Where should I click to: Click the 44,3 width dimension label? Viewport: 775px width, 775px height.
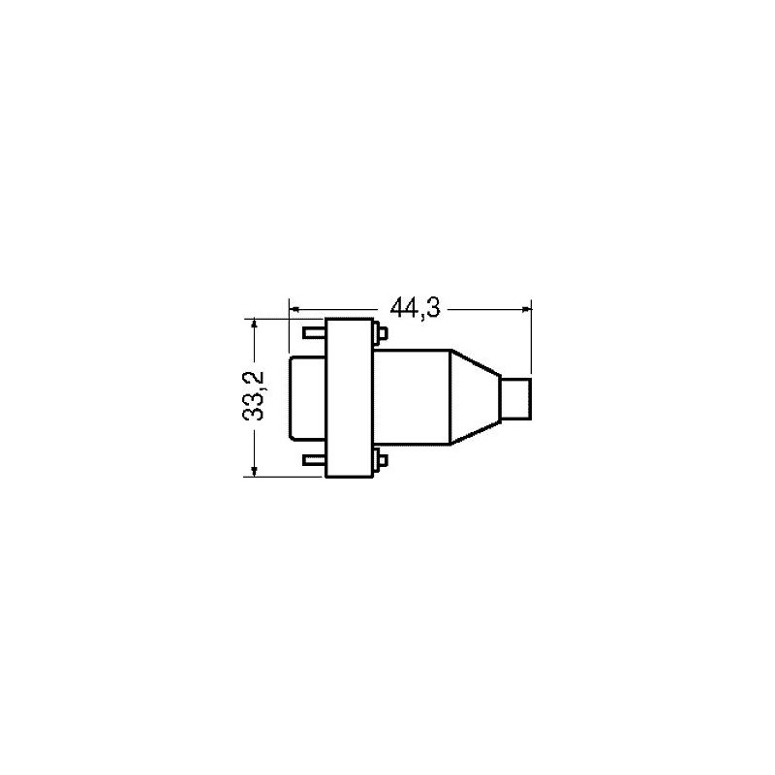click(415, 309)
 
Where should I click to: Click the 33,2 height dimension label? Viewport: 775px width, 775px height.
click(254, 396)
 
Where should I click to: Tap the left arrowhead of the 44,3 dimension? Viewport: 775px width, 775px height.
click(294, 309)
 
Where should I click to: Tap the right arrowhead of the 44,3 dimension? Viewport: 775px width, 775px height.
click(526, 309)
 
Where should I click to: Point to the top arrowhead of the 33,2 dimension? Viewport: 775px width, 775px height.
click(255, 325)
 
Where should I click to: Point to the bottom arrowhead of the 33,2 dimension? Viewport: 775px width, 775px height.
click(255, 471)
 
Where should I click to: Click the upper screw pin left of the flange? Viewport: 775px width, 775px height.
click(314, 333)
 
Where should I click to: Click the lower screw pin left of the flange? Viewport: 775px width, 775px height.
click(314, 461)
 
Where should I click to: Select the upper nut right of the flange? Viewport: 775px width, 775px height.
click(380, 332)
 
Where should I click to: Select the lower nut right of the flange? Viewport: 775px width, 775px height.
click(380, 459)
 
